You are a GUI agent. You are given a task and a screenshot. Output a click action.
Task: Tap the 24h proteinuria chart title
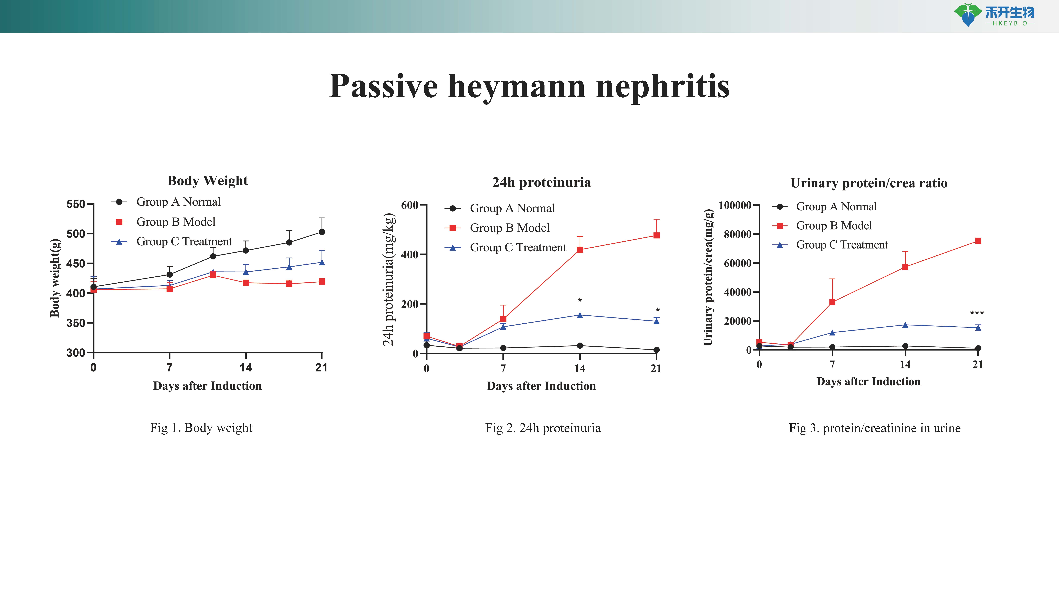(x=541, y=182)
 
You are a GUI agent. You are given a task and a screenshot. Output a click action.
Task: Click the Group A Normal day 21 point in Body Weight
(x=322, y=232)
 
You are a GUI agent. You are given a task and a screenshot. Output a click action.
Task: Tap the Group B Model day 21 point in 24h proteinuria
(x=657, y=235)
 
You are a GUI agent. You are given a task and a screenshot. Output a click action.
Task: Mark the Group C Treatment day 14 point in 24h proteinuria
(x=580, y=315)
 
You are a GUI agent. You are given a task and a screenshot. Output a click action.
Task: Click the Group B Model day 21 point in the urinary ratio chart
(x=978, y=241)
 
